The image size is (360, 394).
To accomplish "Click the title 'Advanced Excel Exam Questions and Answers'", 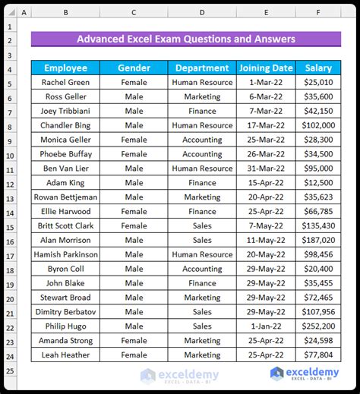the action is point(186,39).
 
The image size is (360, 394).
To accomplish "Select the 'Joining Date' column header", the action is point(266,68).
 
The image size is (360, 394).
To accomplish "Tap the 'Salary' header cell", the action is point(318,68).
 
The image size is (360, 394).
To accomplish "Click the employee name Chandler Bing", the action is point(65,125).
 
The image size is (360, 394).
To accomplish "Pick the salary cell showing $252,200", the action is point(318,326).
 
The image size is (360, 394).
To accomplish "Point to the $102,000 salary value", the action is point(318,125).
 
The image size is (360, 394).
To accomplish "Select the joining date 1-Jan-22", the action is point(266,326).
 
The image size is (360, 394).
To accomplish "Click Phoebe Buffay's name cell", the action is point(65,154).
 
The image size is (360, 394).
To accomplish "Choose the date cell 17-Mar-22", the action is point(266,125).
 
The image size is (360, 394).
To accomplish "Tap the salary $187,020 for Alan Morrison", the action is point(318,240).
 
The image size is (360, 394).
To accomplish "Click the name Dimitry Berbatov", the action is point(65,311).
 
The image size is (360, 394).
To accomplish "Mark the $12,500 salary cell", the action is point(318,182).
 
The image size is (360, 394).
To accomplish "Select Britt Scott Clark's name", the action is point(65,225).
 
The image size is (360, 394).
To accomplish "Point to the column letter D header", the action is point(202,12).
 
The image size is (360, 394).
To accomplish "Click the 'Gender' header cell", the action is point(134,68).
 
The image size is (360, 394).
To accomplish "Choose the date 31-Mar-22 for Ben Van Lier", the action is point(266,169).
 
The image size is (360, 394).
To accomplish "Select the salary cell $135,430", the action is point(318,225).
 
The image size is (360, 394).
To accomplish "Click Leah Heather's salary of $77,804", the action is point(318,355).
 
